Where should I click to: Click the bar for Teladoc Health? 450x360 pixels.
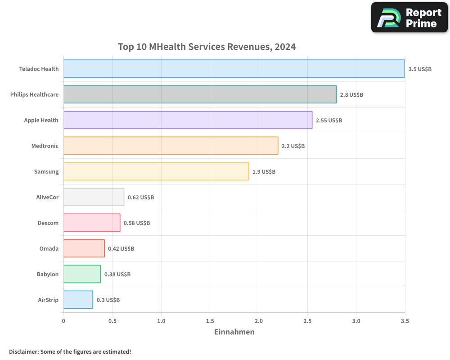[x=234, y=69]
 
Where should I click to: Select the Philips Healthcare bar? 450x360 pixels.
[x=200, y=94]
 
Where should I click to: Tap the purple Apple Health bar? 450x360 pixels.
[x=188, y=120]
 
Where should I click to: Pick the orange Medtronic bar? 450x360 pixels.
[x=171, y=146]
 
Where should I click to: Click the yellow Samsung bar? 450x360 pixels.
[x=156, y=171]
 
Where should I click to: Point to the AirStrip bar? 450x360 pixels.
[x=78, y=300]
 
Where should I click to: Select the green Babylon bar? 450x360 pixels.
[x=82, y=274]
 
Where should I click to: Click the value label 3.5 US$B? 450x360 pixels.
[x=420, y=69]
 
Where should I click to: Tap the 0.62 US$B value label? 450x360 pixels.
[x=141, y=198]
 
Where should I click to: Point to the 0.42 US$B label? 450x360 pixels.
[x=121, y=249]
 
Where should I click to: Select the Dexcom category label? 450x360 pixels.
[x=48, y=223]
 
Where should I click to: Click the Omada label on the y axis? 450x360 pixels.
[x=49, y=249]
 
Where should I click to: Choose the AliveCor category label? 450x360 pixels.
[x=47, y=198]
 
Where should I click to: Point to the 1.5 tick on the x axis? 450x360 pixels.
[x=210, y=321]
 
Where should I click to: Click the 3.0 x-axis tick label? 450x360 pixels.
[x=356, y=321]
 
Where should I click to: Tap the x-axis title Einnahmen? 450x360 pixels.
[x=234, y=332]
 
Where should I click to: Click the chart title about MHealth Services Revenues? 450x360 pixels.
[x=207, y=47]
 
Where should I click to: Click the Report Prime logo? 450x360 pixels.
[x=409, y=18]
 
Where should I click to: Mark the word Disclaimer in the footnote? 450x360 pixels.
[x=23, y=352]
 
